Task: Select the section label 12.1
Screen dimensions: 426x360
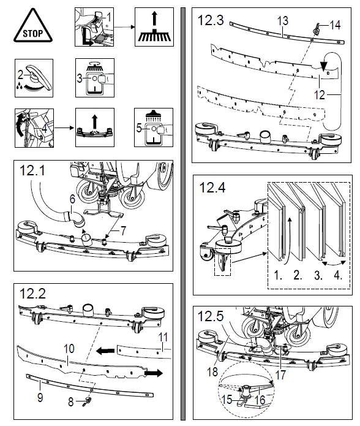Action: tap(34, 172)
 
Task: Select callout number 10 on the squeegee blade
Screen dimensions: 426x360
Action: tap(69, 348)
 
